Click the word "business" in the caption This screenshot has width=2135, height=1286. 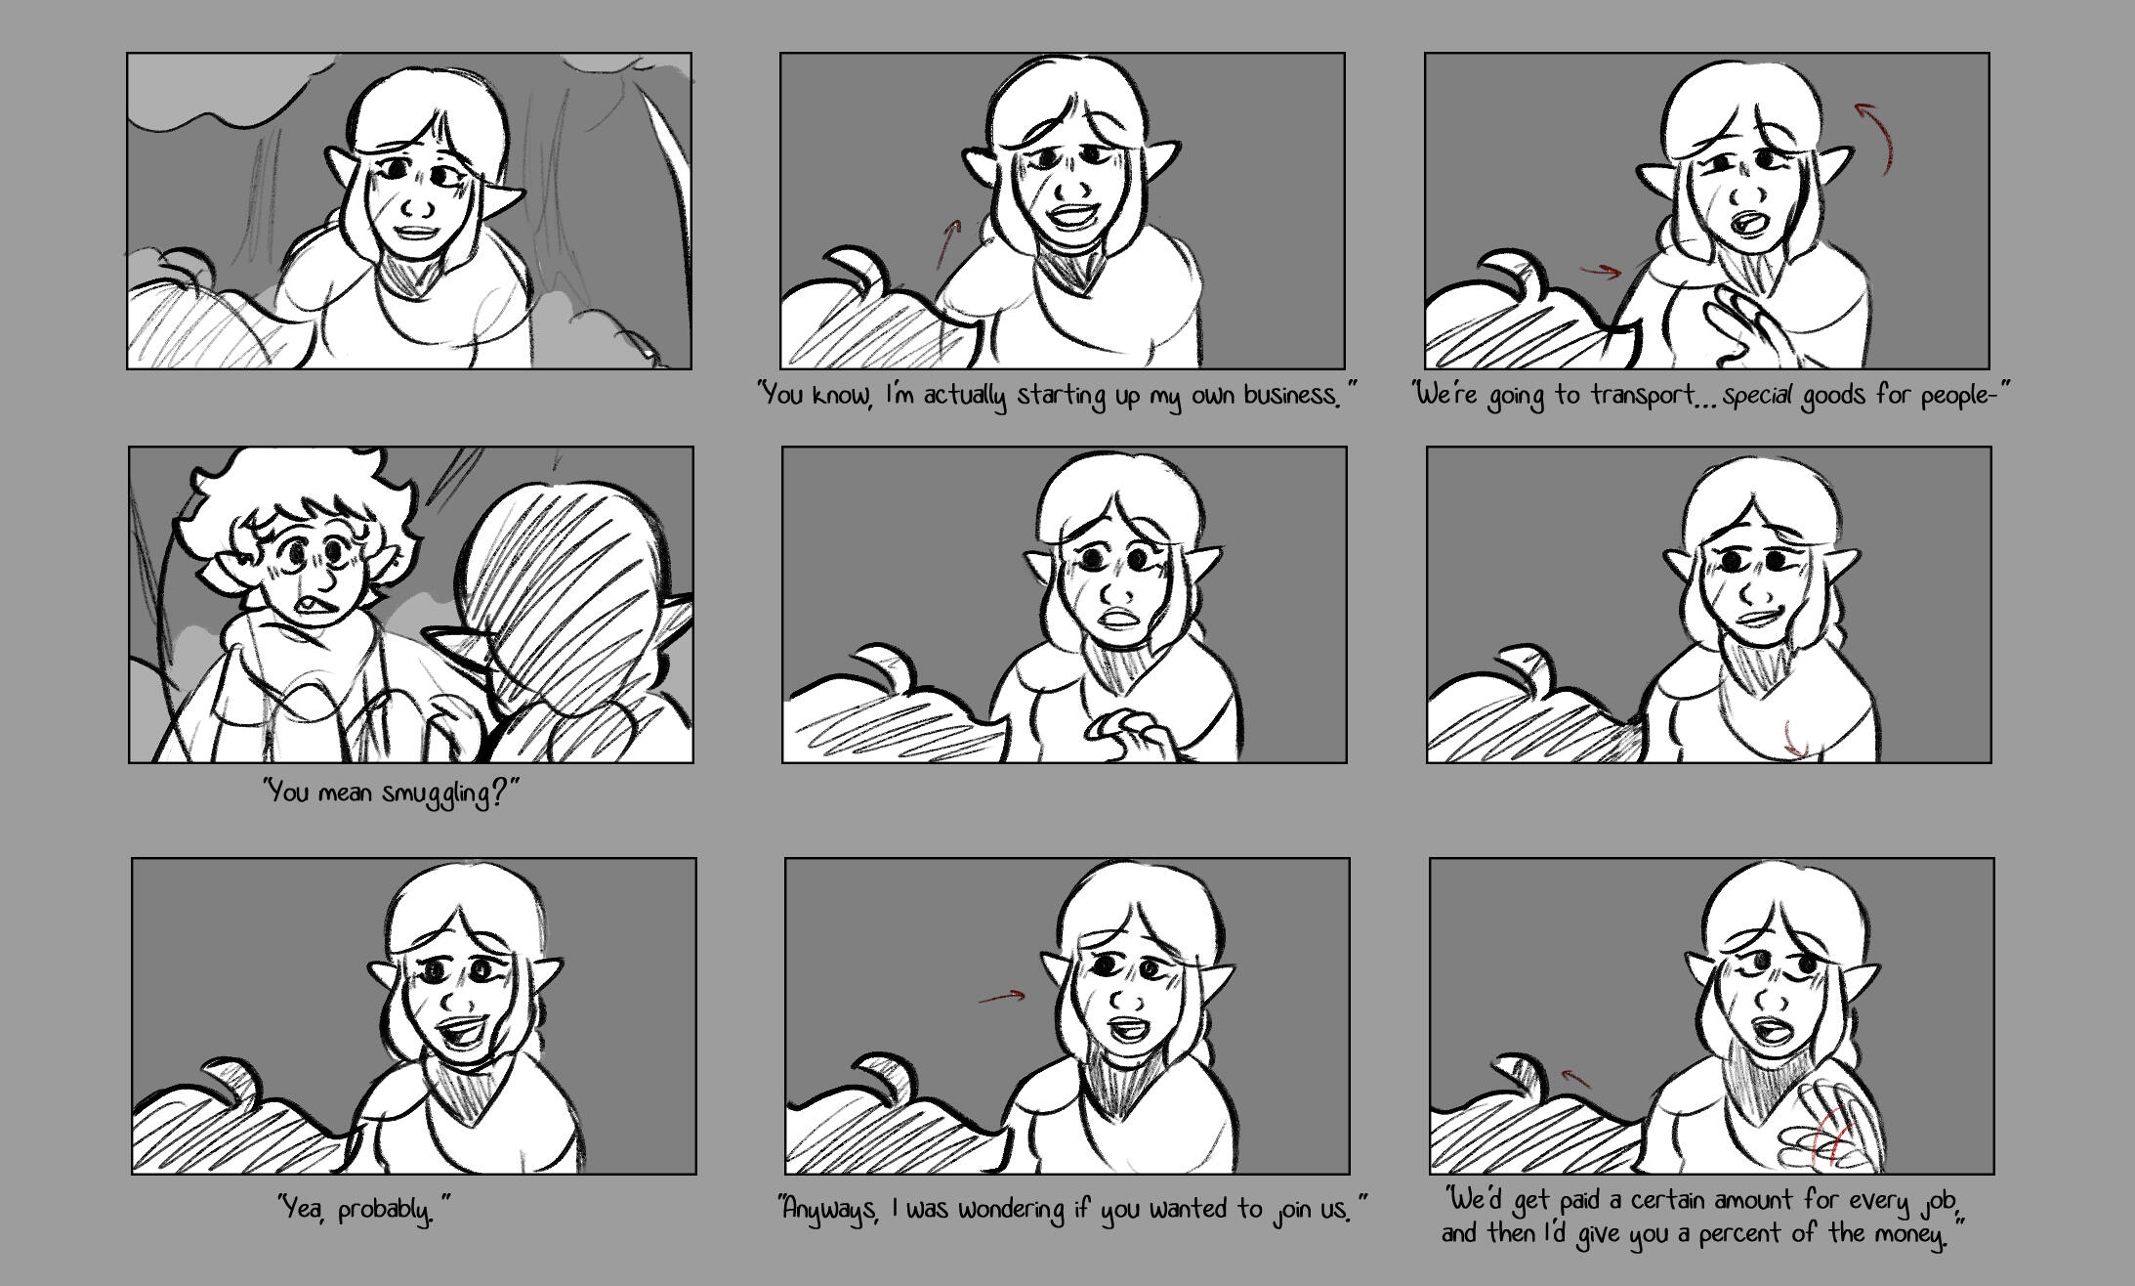point(1289,396)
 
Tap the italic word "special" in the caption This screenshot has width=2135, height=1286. point(1758,397)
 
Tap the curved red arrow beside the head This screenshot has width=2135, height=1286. point(1878,137)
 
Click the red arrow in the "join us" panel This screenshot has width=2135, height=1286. point(1002,997)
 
